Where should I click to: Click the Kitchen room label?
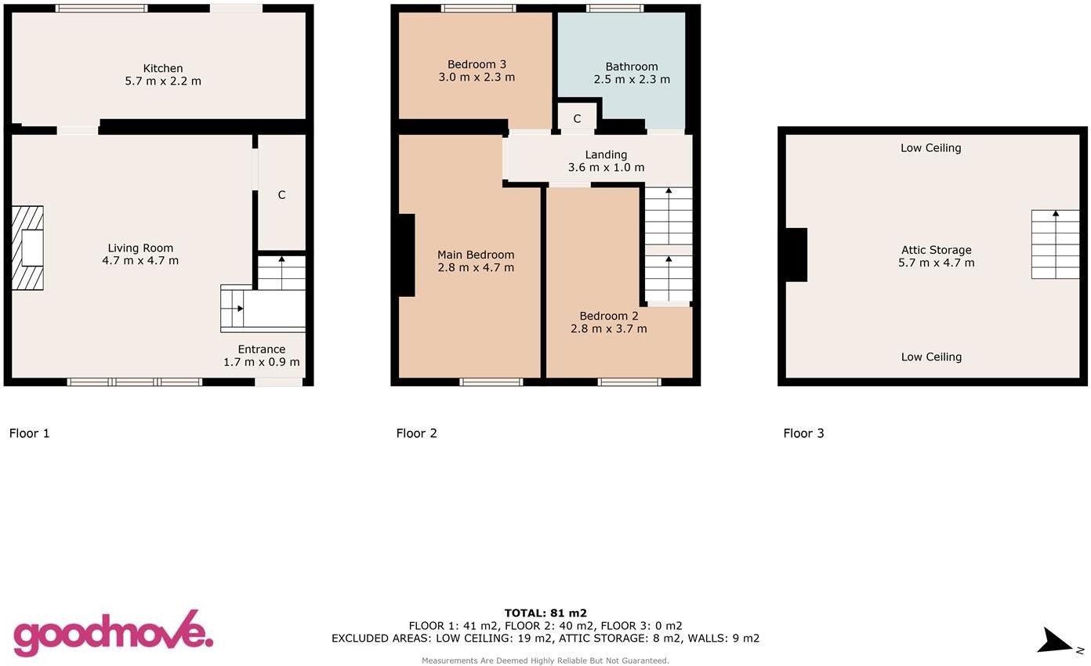click(x=163, y=68)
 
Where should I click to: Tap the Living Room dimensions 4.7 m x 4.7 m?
click(x=140, y=261)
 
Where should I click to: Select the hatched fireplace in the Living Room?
click(x=27, y=248)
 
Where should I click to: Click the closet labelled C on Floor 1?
click(x=281, y=194)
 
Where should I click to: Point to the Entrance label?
click(x=261, y=349)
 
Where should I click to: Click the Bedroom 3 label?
click(x=477, y=64)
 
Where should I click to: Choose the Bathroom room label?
click(x=631, y=67)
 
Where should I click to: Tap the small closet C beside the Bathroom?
click(x=577, y=118)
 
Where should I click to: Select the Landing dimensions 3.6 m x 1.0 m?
click(x=606, y=168)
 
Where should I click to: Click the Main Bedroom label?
click(x=476, y=255)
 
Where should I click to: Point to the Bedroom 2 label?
click(x=608, y=316)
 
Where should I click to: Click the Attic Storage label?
click(x=936, y=250)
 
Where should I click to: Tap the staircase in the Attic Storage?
click(x=1055, y=244)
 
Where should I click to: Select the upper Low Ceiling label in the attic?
click(x=930, y=148)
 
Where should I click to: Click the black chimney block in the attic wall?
click(x=796, y=255)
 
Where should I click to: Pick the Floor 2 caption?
click(x=416, y=433)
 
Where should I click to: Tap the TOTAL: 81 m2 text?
click(x=545, y=614)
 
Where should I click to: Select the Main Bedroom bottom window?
click(x=491, y=382)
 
